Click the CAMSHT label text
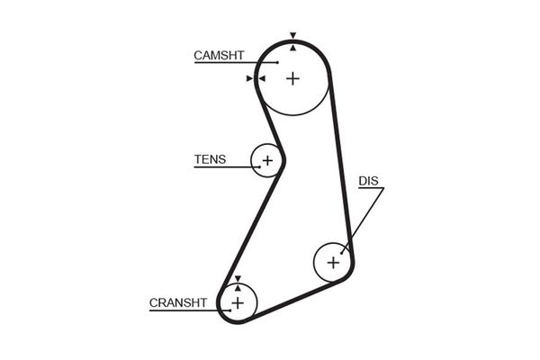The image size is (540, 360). [219, 56]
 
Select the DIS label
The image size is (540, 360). [369, 181]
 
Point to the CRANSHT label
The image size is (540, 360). [179, 302]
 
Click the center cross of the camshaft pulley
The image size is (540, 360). [292, 78]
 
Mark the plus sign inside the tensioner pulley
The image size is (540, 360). [266, 161]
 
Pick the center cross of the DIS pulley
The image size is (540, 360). [333, 263]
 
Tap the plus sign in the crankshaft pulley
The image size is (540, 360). [238, 302]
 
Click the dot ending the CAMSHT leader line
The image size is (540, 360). [278, 63]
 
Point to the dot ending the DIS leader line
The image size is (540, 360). [343, 251]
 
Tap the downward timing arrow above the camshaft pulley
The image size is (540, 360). [293, 35]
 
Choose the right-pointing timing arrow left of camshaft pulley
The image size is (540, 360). [249, 78]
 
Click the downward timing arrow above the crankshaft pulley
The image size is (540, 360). [238, 278]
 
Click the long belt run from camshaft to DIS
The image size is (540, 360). [341, 162]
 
